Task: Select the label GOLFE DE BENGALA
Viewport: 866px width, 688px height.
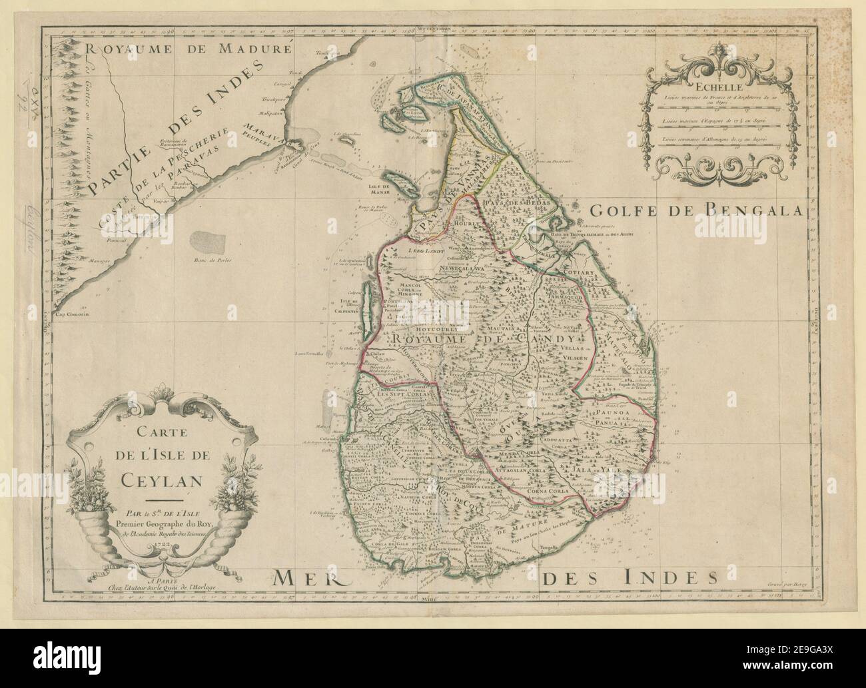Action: (x=697, y=212)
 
